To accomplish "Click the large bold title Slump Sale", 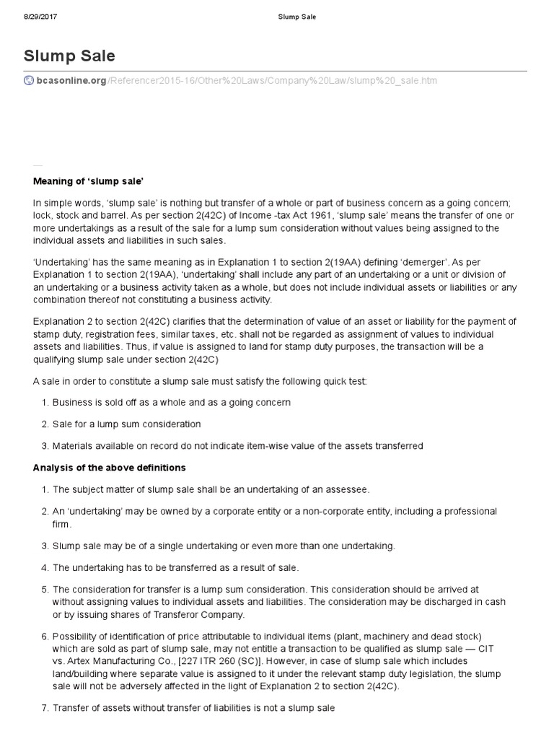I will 70,56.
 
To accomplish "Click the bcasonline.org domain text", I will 71,80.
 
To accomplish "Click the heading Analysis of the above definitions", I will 109,468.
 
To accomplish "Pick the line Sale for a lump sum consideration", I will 126,424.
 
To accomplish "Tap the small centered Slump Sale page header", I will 277,16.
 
